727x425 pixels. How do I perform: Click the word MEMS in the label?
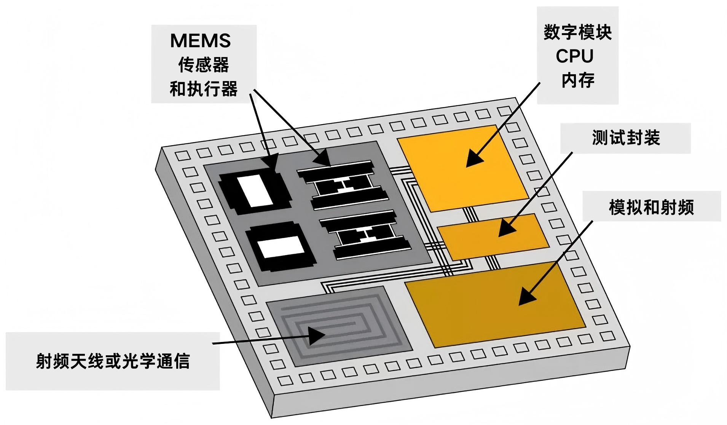click(x=200, y=41)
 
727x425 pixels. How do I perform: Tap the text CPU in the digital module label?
click(x=574, y=56)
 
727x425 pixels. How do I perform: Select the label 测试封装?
click(x=625, y=138)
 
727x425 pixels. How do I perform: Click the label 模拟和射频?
click(x=651, y=207)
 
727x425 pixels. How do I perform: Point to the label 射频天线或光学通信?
click(x=113, y=361)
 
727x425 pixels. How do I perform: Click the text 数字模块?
click(x=577, y=32)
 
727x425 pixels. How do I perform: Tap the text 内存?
click(x=578, y=80)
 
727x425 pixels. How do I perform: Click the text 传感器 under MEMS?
click(x=204, y=65)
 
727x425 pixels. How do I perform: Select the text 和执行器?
click(x=204, y=89)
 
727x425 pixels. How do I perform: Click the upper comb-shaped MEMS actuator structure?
click(x=343, y=185)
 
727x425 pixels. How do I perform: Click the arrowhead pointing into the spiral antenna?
click(x=318, y=336)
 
